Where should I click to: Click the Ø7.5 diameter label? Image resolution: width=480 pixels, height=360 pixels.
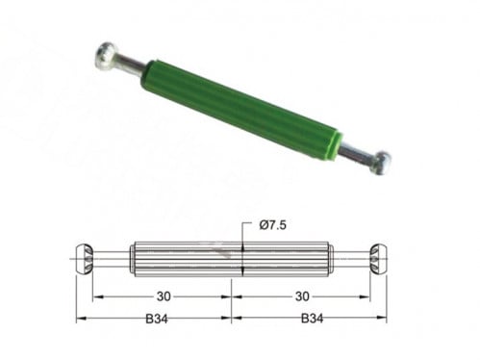[272, 225]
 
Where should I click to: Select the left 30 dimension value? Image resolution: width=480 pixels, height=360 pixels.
[164, 296]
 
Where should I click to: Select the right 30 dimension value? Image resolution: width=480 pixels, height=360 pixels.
[302, 296]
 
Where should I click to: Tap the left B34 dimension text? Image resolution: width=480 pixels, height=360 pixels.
[157, 319]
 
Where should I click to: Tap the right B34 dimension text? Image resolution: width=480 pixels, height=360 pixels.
[312, 319]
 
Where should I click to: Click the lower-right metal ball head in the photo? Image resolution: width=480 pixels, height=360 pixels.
[381, 163]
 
